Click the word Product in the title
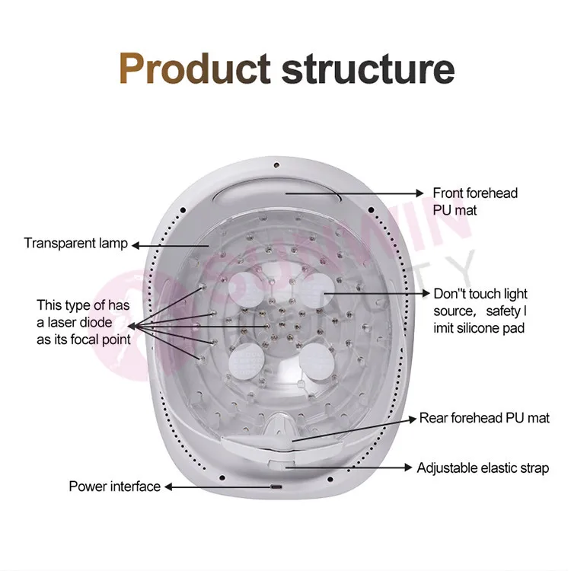(194, 68)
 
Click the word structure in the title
(368, 68)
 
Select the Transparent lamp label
(75, 244)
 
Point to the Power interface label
(115, 486)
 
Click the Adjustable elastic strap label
(483, 467)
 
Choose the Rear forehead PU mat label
(484, 418)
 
